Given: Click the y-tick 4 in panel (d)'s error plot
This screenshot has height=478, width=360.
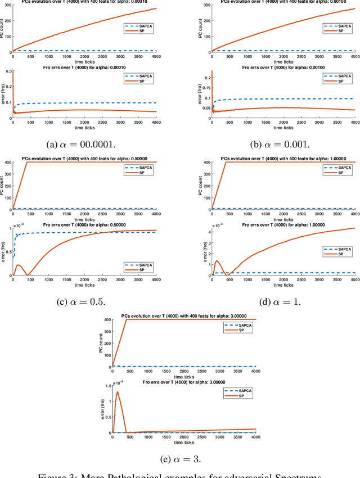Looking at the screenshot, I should pyautogui.click(x=206, y=231).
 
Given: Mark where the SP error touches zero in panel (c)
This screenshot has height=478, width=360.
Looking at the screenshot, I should pyautogui.click(x=28, y=275).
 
